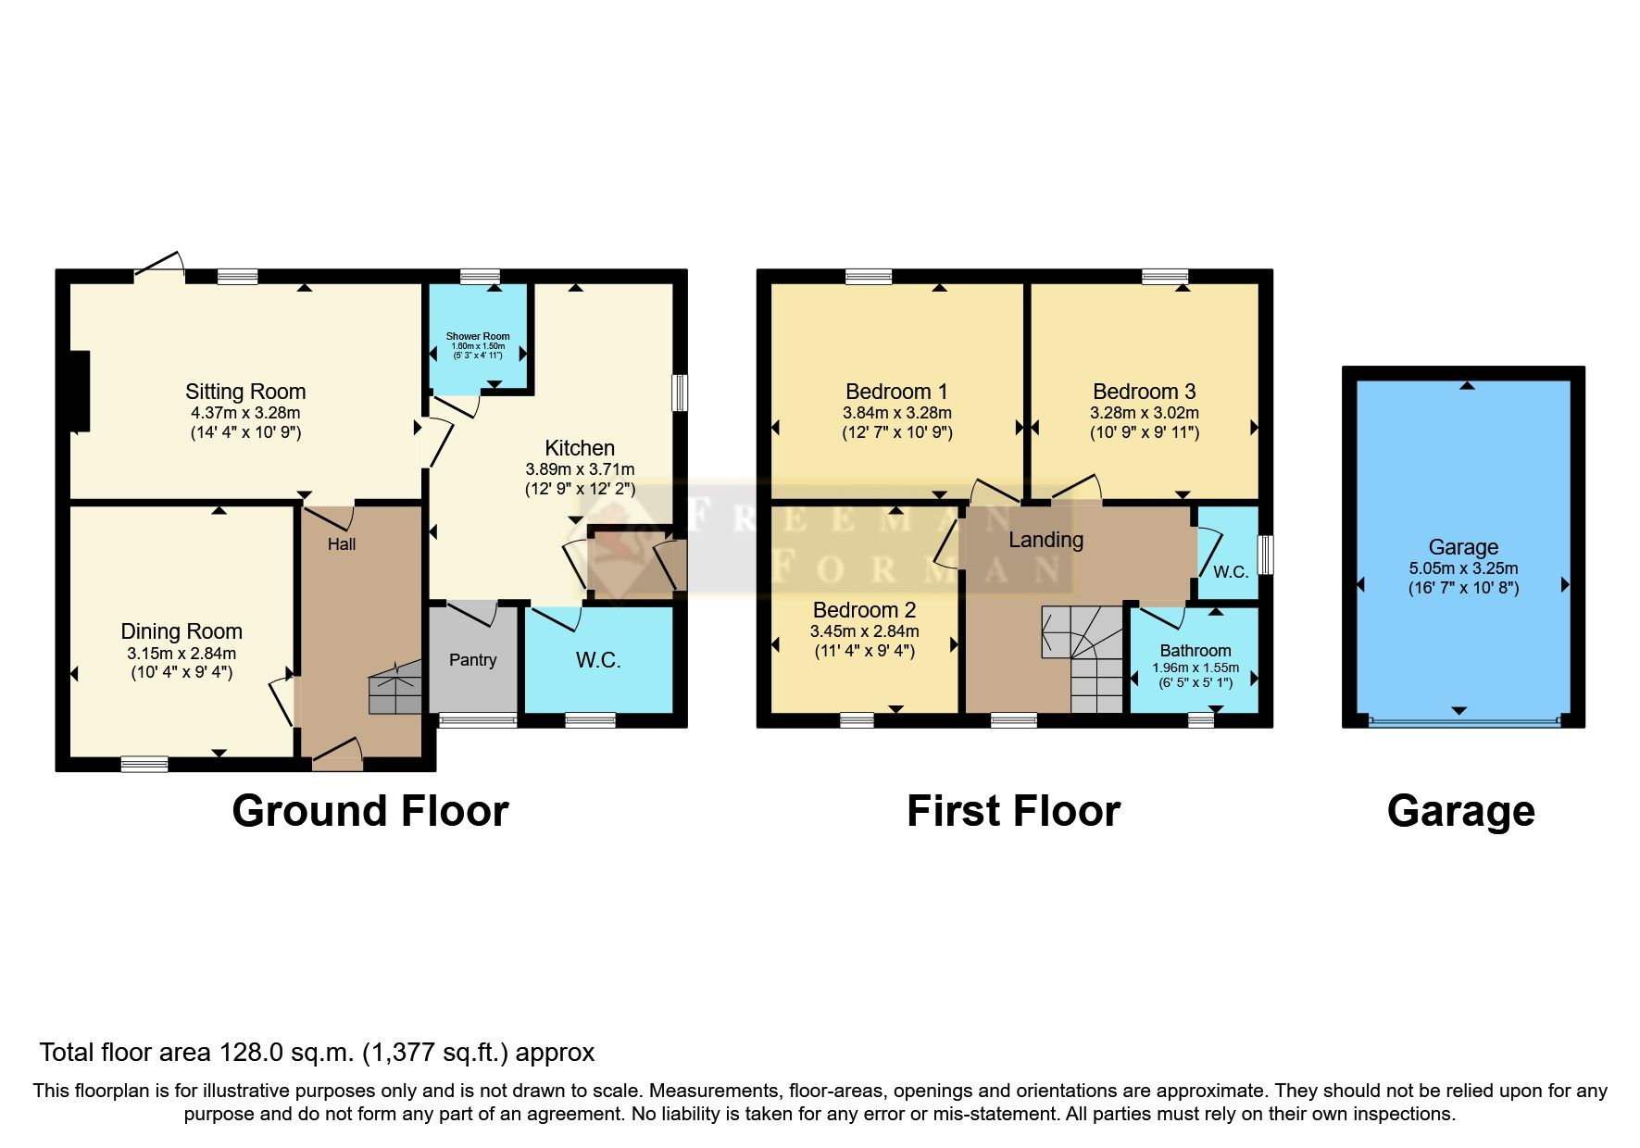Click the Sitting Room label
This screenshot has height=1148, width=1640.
(x=244, y=392)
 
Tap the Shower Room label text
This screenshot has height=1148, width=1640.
(x=478, y=336)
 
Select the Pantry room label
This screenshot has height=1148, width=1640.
(x=472, y=660)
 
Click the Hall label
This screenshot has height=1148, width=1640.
(x=341, y=544)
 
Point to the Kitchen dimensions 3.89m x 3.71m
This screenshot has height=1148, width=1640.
(x=580, y=469)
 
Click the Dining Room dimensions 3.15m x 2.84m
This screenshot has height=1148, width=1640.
(x=182, y=654)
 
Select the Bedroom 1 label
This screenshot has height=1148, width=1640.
(x=895, y=392)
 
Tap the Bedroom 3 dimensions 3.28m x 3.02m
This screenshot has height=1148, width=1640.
(x=1144, y=413)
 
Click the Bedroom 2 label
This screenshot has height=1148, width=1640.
(x=864, y=610)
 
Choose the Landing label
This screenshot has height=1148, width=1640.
(x=1045, y=540)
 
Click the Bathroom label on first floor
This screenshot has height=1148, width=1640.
(x=1195, y=651)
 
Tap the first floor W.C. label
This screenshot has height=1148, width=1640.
(x=1231, y=572)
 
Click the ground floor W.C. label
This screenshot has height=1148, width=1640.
(x=598, y=660)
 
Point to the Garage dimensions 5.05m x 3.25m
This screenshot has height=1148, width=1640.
(x=1463, y=568)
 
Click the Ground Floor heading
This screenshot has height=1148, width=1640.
(x=369, y=811)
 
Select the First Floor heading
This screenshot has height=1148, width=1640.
(x=1013, y=811)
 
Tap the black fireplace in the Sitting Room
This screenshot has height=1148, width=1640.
(x=81, y=392)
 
